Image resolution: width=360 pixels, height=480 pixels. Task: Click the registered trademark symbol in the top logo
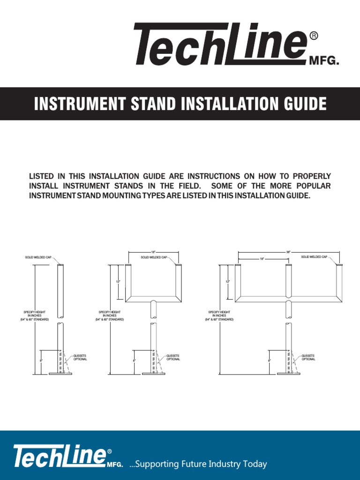click(x=315, y=36)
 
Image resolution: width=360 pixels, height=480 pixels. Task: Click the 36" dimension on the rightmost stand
click(x=288, y=252)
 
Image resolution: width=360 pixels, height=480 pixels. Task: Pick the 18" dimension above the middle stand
click(x=153, y=252)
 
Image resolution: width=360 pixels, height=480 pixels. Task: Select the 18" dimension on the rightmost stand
click(x=262, y=259)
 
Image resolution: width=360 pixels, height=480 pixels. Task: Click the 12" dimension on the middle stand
click(x=118, y=281)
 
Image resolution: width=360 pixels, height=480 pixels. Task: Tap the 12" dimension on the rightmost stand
click(x=228, y=281)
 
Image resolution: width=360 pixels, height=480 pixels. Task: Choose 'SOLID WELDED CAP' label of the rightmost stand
click(x=314, y=257)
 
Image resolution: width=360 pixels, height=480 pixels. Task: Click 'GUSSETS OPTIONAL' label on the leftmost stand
click(x=80, y=357)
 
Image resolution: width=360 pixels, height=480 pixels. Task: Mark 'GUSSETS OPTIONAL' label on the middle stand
click(x=172, y=357)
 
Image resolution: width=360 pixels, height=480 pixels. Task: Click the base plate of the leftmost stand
click(x=60, y=374)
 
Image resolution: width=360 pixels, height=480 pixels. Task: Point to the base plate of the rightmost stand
click(x=289, y=374)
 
